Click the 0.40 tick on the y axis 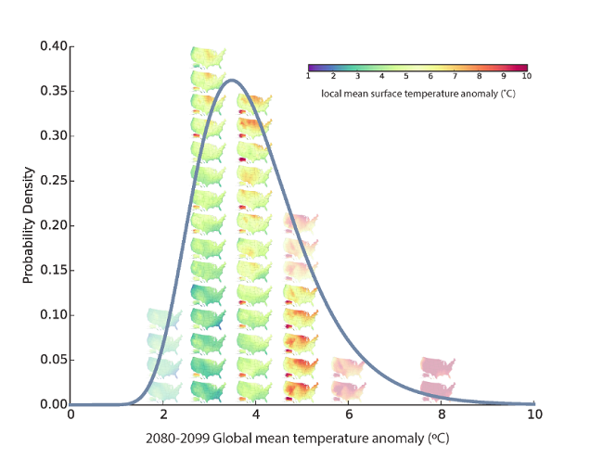pos(53,45)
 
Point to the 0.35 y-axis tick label pos(53,91)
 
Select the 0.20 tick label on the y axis pos(53,225)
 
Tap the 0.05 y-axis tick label pos(53,360)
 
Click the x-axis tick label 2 pos(163,414)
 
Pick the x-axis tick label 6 pos(349,414)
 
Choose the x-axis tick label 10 pos(533,414)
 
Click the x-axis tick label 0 pos(71,414)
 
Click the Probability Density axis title pos(30,225)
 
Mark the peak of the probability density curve pos(232,81)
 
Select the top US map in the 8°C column pos(439,366)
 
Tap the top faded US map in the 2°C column pos(163,319)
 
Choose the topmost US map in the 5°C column pos(301,223)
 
